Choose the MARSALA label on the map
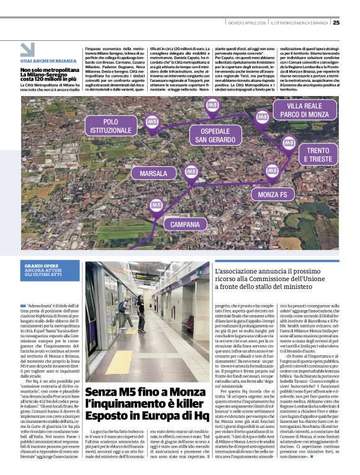154,174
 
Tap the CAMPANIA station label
184,223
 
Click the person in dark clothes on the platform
141,313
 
